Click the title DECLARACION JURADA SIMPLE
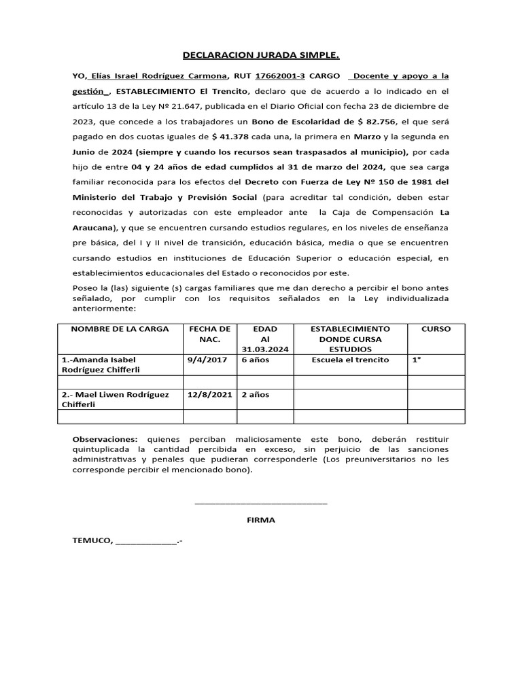(x=261, y=56)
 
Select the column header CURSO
(x=436, y=329)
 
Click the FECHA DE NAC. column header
(x=210, y=334)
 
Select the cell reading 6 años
(x=256, y=360)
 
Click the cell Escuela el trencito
(x=350, y=360)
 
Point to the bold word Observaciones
(x=105, y=440)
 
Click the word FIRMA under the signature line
(x=261, y=520)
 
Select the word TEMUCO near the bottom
(x=92, y=541)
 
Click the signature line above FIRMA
(x=261, y=503)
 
